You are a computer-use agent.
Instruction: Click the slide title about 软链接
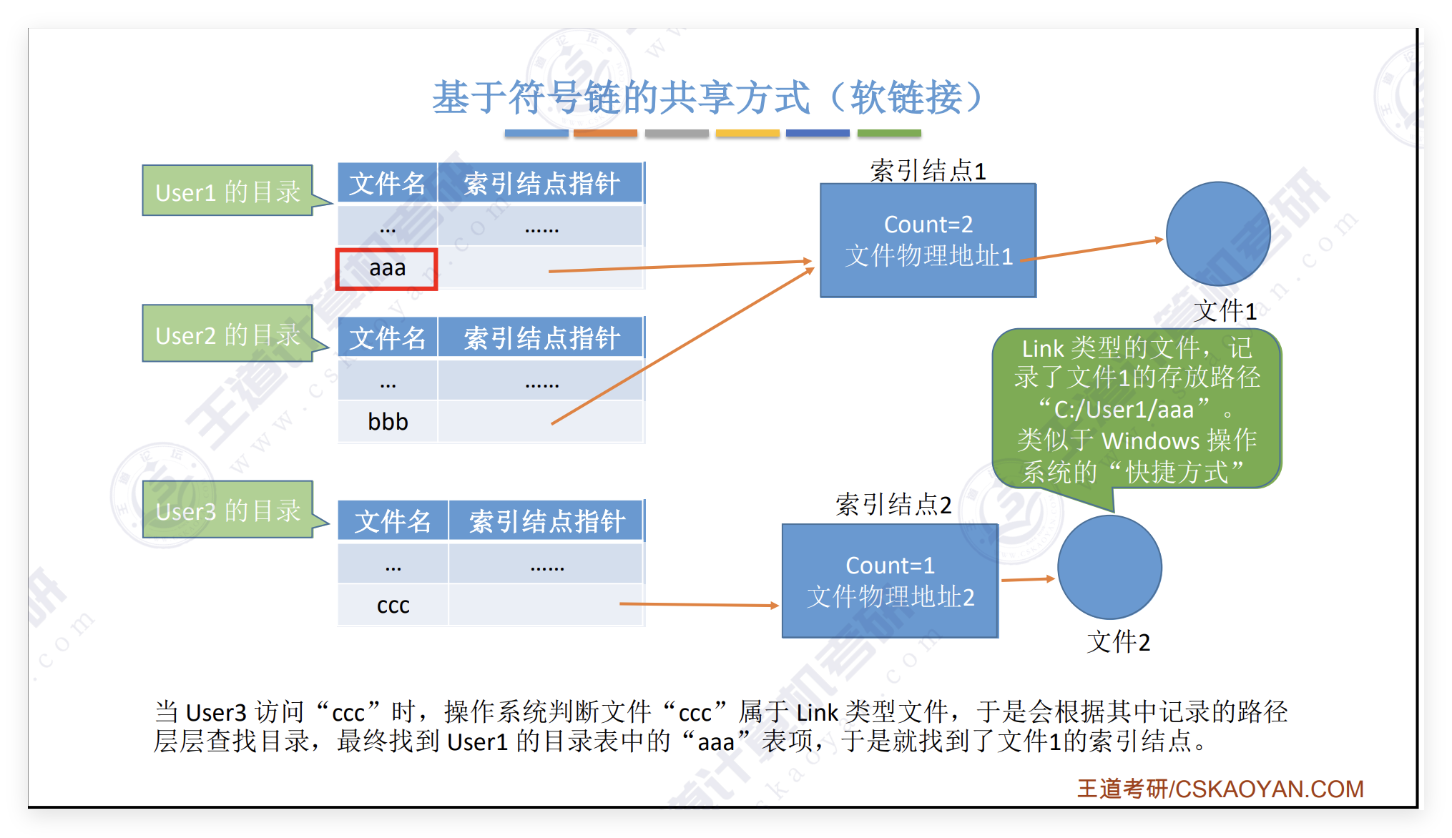coord(708,97)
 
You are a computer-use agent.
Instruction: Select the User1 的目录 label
coord(227,192)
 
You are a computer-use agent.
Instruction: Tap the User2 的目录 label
coord(227,334)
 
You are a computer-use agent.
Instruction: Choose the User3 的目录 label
coord(227,510)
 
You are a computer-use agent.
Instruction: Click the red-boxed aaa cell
coord(387,269)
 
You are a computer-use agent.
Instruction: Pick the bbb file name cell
coord(388,422)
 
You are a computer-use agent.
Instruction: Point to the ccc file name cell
coord(393,606)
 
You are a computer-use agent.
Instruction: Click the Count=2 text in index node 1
coord(928,225)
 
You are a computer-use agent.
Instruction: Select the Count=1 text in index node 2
coord(890,566)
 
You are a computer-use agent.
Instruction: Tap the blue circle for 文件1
coord(1217,234)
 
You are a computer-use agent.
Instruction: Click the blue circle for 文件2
coord(1109,568)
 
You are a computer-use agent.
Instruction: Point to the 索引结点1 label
coord(928,170)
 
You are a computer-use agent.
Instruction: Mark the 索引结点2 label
coord(893,505)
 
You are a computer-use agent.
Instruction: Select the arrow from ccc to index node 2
coord(699,605)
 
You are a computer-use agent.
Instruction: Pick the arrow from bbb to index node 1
coord(683,346)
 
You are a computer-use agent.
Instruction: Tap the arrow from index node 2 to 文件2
coord(1028,579)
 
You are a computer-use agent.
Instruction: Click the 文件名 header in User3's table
coord(393,521)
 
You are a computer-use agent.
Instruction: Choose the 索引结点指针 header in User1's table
coord(541,184)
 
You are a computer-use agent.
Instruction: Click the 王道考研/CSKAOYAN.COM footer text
coord(1220,789)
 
